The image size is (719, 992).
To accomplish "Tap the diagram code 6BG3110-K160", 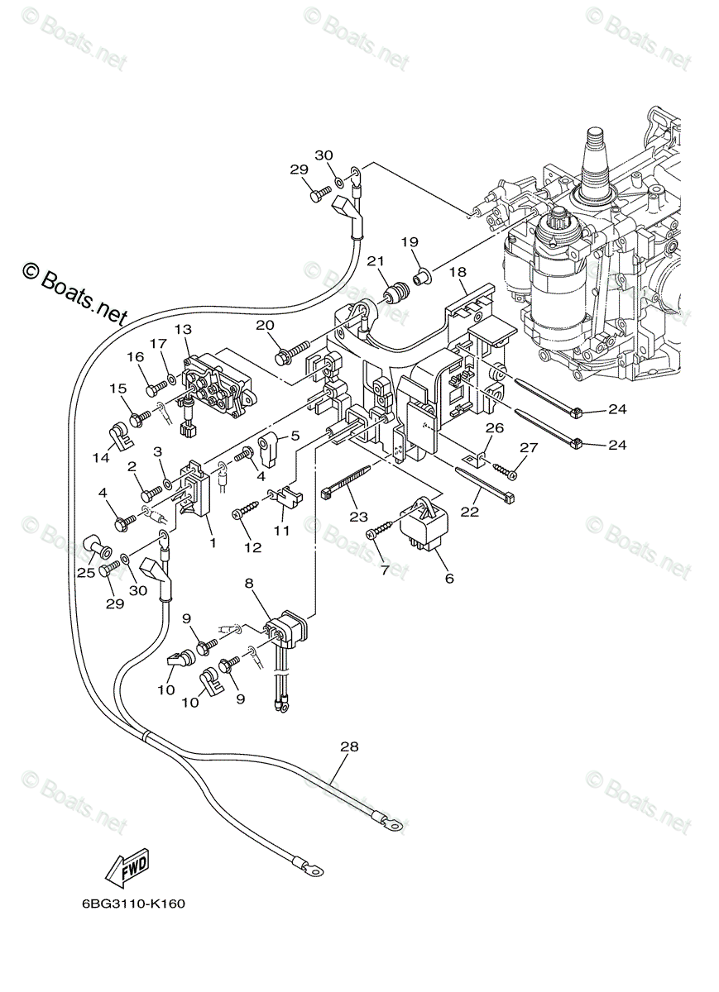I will [133, 904].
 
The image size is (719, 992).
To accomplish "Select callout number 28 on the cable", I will [349, 746].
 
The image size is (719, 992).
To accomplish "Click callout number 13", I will [183, 330].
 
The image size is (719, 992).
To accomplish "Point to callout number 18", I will [458, 272].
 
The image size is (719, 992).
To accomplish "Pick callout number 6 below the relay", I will [449, 578].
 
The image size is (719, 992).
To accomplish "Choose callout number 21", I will [377, 262].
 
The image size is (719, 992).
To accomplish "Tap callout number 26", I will [494, 428].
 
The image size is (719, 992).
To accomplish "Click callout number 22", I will [470, 512].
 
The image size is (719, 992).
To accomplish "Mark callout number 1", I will [213, 542].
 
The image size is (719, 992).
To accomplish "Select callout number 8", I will [249, 583].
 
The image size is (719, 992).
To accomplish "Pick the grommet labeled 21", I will [397, 293].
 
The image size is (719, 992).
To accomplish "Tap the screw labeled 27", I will [504, 471].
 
